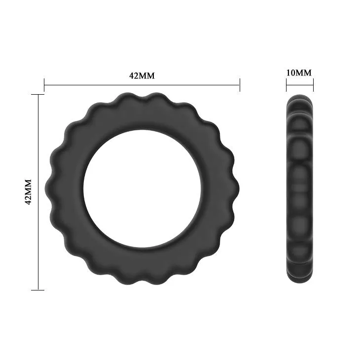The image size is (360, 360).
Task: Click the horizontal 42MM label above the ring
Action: click(142, 75)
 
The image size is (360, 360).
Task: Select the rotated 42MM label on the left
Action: click(28, 192)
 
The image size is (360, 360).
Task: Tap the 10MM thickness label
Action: click(299, 72)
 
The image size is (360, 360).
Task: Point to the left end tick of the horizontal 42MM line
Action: click(44, 85)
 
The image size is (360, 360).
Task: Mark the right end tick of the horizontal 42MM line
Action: click(240, 85)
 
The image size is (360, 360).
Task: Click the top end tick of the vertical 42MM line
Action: click(38, 94)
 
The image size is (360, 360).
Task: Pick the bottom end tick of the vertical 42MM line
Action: click(38, 290)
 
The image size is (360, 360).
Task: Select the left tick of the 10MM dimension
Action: click(287, 85)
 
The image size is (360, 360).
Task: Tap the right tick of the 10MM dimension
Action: click(313, 85)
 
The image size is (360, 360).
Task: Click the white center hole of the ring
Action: click(143, 189)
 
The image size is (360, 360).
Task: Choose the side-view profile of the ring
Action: click(300, 190)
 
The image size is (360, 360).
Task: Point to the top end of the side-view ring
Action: click(300, 95)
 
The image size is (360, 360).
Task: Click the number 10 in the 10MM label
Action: click(291, 72)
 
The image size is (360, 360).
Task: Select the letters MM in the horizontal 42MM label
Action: click(148, 75)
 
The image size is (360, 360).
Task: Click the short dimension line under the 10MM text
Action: click(300, 85)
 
